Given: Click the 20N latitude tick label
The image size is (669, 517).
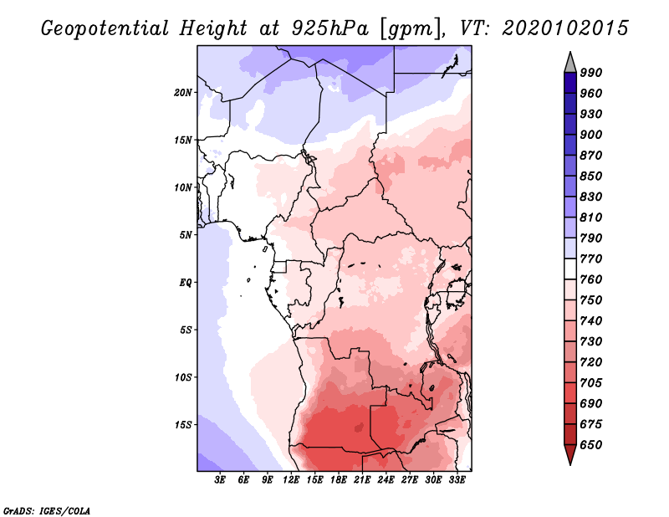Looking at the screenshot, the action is pos(182,93).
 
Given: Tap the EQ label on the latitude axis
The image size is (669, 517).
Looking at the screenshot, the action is pos(186,283).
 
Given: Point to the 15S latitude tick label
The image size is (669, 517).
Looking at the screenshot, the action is pos(182,425).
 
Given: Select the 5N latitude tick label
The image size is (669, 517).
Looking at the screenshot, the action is pos(186,235).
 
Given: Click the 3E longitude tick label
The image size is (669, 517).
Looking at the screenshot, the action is pos(220,480).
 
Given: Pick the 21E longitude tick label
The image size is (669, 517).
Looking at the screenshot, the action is pos(362,480).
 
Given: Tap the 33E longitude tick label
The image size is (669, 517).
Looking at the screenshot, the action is pos(457,480).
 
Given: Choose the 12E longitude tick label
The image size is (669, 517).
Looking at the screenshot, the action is pos(291,480).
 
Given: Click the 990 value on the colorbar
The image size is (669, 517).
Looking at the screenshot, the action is pos(591,73).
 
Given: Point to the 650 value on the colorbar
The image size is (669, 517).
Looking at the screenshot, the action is pos(591,445).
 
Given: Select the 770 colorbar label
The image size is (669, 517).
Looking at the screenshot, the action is pos(591,258).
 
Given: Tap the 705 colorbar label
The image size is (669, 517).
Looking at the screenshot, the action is pos(591,383).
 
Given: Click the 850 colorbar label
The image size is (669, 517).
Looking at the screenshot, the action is pos(591,176).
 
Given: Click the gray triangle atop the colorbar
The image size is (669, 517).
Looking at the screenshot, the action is pos(570,64).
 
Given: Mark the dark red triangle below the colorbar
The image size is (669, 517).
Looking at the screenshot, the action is pos(570,454).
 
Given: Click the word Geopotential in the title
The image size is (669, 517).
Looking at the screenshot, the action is pos(105,29).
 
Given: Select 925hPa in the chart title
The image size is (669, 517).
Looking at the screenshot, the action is pos(329,28).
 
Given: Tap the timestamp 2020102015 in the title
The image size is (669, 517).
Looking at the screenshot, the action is pos(565,28).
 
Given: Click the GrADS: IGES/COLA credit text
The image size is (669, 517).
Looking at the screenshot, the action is pos(47,511).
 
